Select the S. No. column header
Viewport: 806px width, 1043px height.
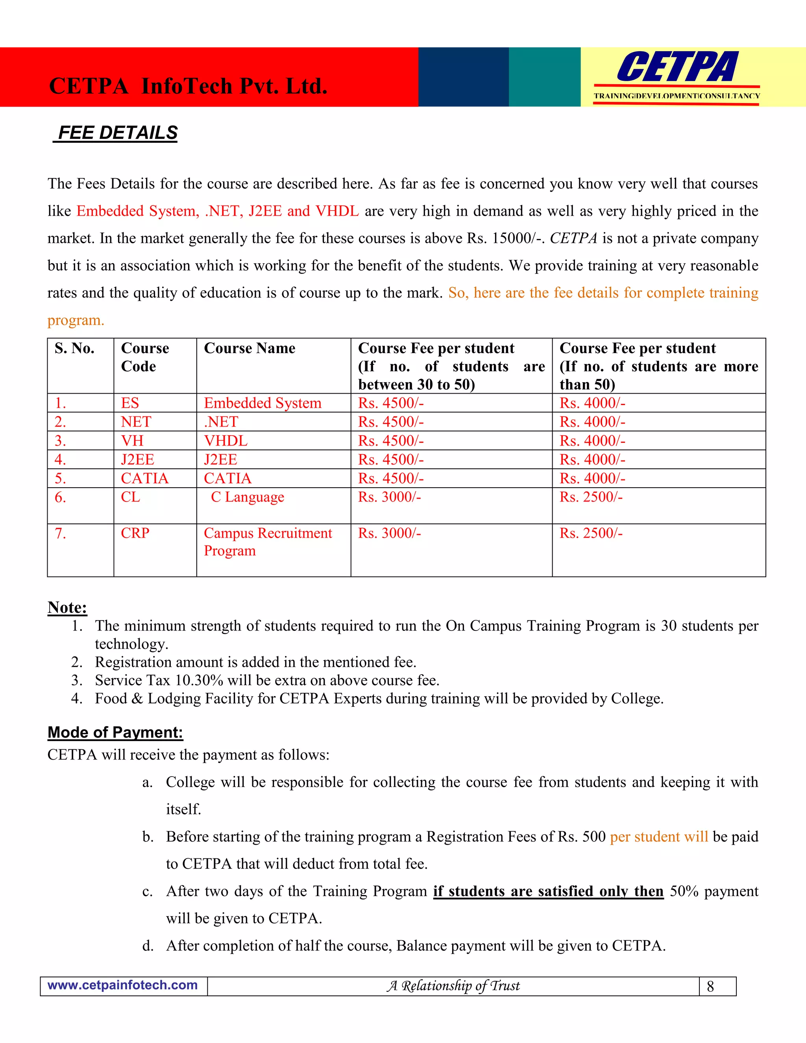[x=74, y=348]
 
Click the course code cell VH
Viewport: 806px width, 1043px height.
[x=132, y=440]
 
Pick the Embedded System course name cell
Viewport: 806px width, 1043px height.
[x=262, y=403]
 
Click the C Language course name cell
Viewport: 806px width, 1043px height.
[x=247, y=497]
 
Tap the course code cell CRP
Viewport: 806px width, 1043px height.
[x=135, y=533]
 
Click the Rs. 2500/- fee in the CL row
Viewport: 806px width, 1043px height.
[x=591, y=497]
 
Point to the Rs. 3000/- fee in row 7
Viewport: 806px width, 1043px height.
[x=389, y=533]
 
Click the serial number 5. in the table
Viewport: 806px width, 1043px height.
[x=60, y=478]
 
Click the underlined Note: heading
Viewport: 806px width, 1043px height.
[x=67, y=607]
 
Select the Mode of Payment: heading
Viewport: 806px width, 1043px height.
[x=115, y=732]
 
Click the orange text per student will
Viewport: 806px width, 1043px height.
[x=658, y=837]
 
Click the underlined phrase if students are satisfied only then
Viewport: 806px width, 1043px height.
[x=548, y=891]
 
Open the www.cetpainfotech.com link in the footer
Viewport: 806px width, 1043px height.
[x=123, y=985]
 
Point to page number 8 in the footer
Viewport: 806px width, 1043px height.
[x=710, y=986]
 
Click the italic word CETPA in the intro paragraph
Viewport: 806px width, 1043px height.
[x=573, y=238]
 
